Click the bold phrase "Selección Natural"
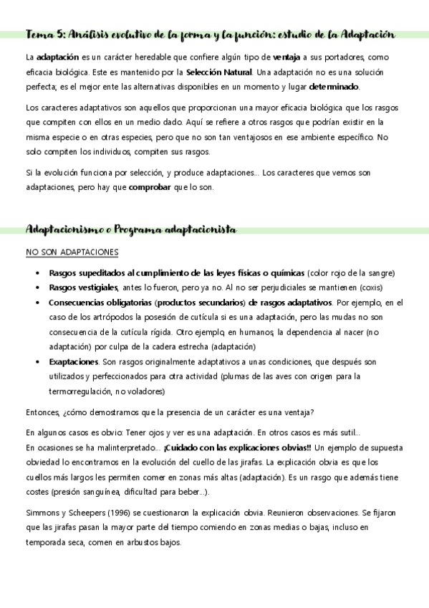218,72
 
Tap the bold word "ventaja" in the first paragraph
287,57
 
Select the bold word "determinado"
334,87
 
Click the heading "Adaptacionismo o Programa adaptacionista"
130,229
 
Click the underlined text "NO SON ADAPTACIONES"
72,253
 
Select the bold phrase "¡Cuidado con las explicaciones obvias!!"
234,449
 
